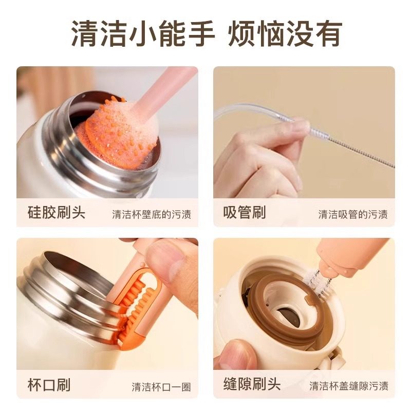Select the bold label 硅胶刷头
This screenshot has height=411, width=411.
57,212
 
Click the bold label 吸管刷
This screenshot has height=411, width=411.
245,212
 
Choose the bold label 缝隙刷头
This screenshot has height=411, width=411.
252,384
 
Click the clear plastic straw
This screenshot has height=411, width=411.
252,114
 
